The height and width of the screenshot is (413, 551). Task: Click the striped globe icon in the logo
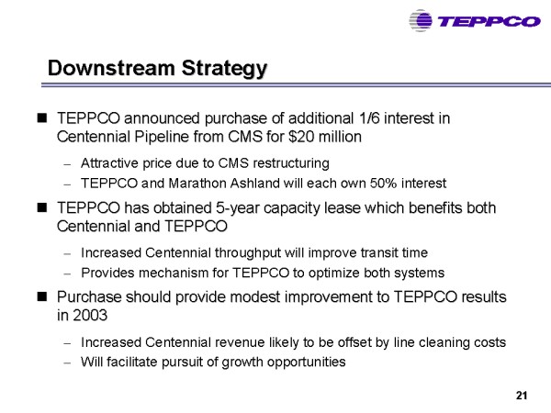pyautogui.click(x=421, y=21)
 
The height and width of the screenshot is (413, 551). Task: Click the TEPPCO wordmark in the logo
pyautogui.click(x=489, y=22)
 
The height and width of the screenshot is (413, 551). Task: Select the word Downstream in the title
pyautogui.click(x=111, y=67)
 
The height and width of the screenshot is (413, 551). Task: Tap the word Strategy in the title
pyautogui.click(x=224, y=69)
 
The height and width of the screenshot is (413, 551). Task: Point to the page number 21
pyautogui.click(x=522, y=396)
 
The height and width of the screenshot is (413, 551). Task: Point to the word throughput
pyautogui.click(x=248, y=253)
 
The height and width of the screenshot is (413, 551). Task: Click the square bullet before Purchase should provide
pyautogui.click(x=42, y=297)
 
